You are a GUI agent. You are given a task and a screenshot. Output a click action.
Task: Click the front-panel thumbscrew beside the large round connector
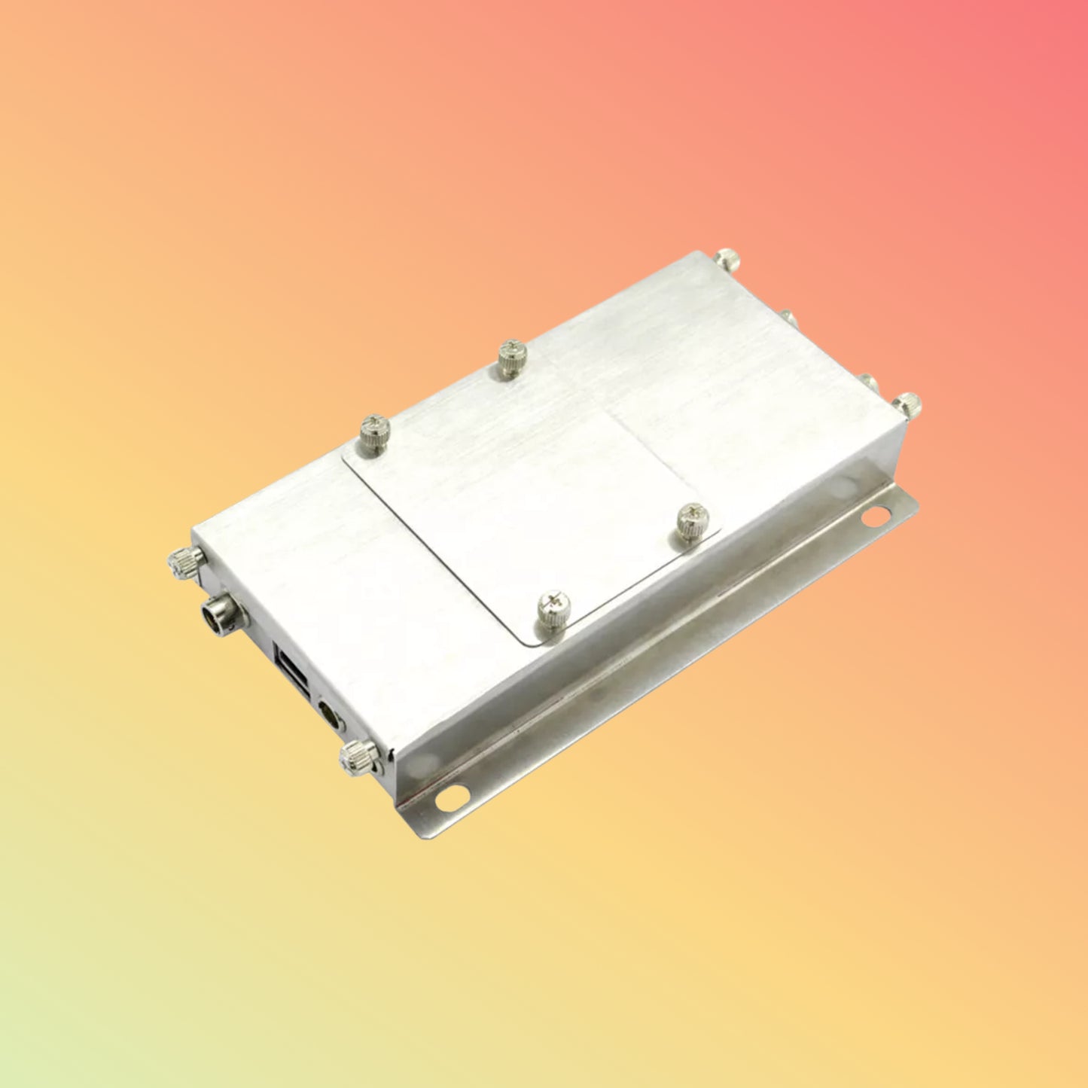tap(185, 562)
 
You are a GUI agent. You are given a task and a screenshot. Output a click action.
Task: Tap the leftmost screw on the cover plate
tap(373, 433)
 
